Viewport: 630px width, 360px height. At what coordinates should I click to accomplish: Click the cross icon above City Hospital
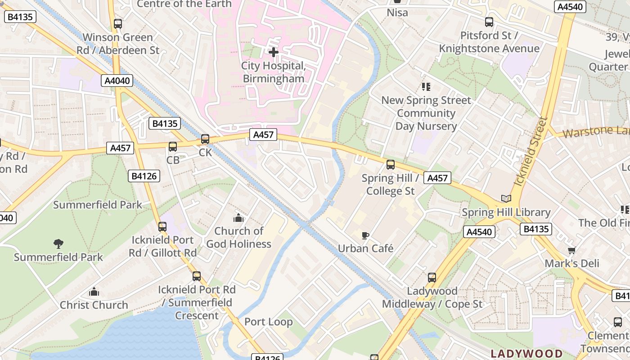coord(273,52)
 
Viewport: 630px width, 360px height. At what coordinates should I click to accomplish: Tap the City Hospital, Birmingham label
coord(274,72)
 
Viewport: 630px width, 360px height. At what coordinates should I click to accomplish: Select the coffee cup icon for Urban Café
coord(365,235)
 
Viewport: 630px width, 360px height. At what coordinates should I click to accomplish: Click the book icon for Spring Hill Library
coord(506,198)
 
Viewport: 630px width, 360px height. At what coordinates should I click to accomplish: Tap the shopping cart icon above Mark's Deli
coord(571,250)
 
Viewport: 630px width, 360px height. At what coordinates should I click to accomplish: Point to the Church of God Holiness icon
coord(238,218)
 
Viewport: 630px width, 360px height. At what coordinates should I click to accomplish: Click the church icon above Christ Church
coord(94,292)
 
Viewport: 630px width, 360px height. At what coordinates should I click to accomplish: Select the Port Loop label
coord(268,322)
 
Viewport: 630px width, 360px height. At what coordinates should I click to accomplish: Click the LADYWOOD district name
coord(526,353)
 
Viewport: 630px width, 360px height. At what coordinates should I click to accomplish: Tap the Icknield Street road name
coord(531,152)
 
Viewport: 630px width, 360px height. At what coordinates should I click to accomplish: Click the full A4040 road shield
coord(117,81)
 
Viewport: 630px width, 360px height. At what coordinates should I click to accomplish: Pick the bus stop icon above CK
coord(205,139)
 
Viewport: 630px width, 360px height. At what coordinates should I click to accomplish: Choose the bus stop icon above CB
coord(173,146)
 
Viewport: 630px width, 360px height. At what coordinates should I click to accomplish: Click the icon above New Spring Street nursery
coord(426,87)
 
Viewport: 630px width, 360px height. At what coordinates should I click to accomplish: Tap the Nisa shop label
coord(397,13)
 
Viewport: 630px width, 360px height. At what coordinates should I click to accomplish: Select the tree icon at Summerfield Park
coord(58,244)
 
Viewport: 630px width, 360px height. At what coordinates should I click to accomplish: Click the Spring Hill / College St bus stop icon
coord(390,165)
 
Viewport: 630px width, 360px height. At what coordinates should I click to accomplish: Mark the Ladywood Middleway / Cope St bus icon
coord(432,278)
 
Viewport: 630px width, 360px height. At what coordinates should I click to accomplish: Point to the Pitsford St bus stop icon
coord(489,22)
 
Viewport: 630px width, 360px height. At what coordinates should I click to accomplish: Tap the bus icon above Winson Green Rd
coord(118,24)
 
